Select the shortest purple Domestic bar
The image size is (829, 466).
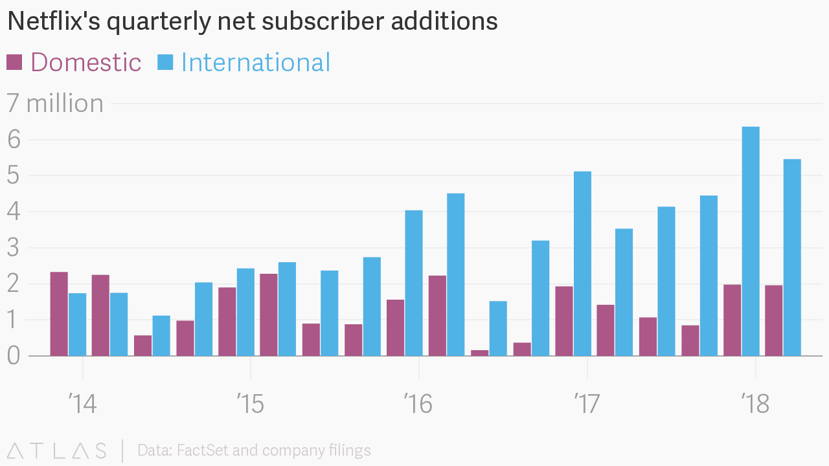(x=480, y=353)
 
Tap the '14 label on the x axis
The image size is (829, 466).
(x=82, y=405)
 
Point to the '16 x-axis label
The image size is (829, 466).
(x=418, y=405)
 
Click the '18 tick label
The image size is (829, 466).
(x=755, y=405)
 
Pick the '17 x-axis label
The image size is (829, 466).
(x=587, y=405)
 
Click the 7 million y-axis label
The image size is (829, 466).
(x=55, y=104)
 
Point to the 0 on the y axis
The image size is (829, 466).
(x=14, y=356)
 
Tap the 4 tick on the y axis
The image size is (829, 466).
(x=14, y=212)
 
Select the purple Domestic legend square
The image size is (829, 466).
(x=14, y=62)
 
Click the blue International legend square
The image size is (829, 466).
(x=165, y=62)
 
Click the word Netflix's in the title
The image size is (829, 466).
(x=53, y=22)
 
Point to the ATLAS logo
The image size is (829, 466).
(x=56, y=450)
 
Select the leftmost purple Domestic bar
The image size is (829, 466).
(x=59, y=314)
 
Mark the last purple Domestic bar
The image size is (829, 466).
(x=773, y=320)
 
